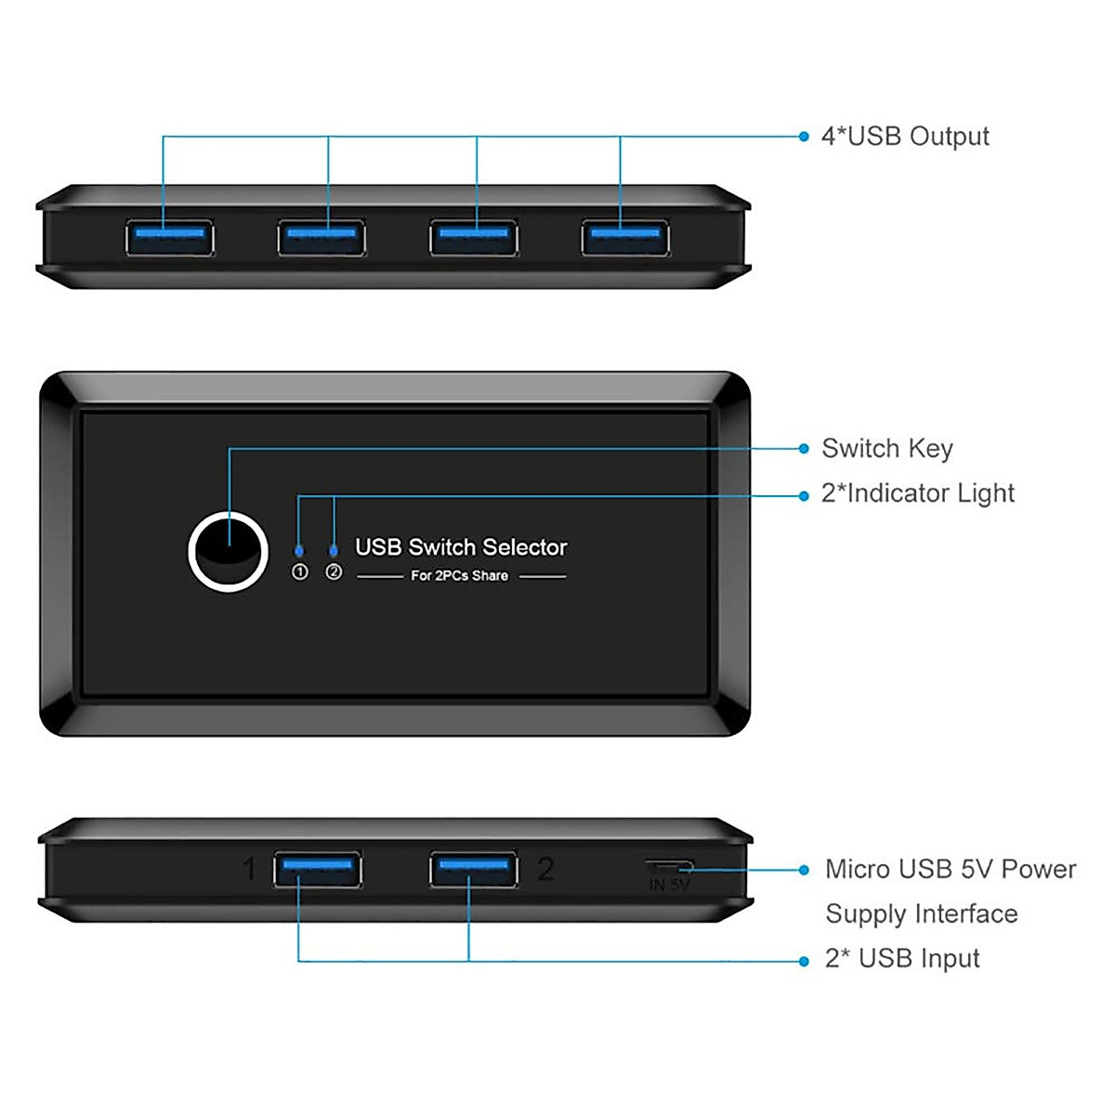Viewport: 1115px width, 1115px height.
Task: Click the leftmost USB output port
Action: [x=170, y=237]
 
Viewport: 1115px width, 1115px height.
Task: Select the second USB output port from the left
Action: [x=321, y=237]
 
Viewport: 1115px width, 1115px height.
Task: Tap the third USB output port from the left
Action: [x=474, y=237]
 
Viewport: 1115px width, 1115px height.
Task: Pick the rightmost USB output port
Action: [x=625, y=237]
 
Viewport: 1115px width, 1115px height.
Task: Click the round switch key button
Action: [x=228, y=551]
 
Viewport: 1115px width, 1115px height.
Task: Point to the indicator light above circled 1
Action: [x=298, y=551]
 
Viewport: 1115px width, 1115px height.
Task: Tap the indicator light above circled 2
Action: [x=334, y=551]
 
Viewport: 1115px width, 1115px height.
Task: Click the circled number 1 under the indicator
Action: [x=299, y=572]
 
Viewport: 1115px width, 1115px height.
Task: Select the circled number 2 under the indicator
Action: [x=334, y=572]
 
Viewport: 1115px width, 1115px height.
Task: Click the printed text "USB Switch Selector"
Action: [x=461, y=547]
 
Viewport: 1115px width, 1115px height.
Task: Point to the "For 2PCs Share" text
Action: [x=460, y=576]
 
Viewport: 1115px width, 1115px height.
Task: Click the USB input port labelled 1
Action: [x=317, y=870]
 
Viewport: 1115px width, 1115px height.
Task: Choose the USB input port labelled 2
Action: [x=474, y=870]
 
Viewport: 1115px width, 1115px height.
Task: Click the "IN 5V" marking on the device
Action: [x=669, y=885]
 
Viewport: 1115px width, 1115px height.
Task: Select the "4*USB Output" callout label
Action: [x=905, y=137]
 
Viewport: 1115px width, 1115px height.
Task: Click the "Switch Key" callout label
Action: [x=887, y=449]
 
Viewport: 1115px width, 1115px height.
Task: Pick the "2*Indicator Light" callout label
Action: [x=918, y=493]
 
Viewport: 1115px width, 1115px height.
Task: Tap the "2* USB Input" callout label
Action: [x=902, y=959]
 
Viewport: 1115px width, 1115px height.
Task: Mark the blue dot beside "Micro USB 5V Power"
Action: [x=804, y=870]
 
